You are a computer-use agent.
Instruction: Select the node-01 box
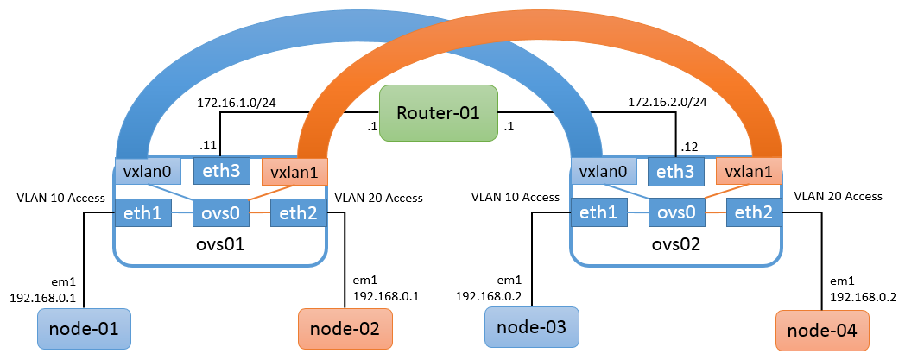tap(85, 328)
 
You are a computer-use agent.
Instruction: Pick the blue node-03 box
tap(532, 328)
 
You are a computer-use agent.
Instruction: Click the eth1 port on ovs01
tap(143, 212)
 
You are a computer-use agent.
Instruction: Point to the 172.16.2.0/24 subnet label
tap(668, 102)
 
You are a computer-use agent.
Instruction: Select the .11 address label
tap(207, 145)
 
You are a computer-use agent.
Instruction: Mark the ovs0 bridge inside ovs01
tap(219, 212)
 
